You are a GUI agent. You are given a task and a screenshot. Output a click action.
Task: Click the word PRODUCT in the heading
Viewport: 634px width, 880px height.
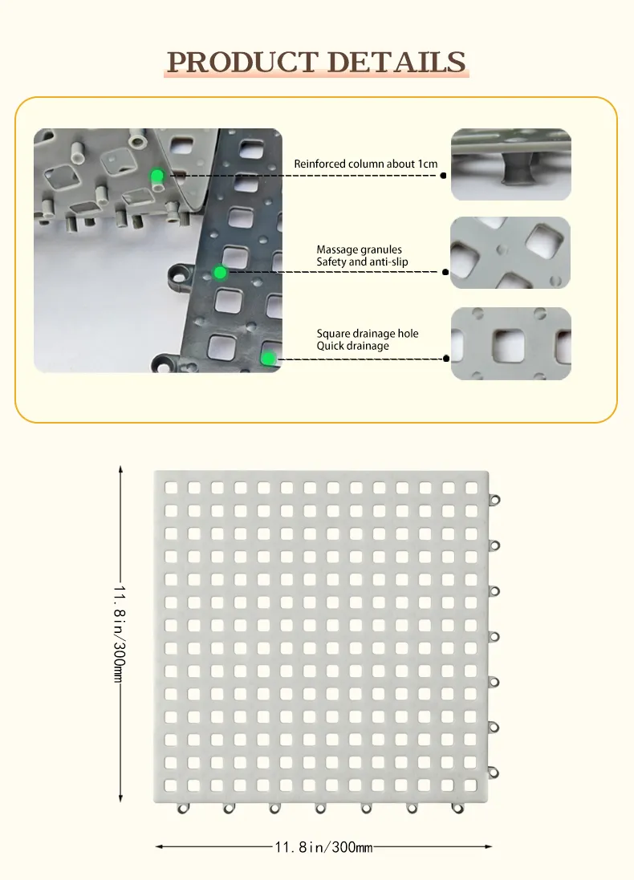[x=242, y=62]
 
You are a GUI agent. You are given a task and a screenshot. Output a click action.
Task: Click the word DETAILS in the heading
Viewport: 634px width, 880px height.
[x=396, y=62]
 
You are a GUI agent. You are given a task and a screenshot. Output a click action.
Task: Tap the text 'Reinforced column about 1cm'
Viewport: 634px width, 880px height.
[x=366, y=164]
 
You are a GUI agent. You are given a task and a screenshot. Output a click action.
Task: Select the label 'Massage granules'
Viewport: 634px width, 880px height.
[x=359, y=249]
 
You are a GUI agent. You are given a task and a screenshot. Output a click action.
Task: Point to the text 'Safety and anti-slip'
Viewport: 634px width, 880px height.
[x=362, y=262]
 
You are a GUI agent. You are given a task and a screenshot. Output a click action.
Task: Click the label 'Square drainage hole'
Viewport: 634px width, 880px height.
[x=368, y=334]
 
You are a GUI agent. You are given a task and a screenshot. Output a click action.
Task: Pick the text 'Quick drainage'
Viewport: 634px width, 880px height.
[x=352, y=346]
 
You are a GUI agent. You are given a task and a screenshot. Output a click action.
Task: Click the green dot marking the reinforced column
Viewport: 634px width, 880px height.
[x=157, y=176]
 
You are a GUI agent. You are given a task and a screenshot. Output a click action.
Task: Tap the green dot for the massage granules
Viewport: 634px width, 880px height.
[x=220, y=273]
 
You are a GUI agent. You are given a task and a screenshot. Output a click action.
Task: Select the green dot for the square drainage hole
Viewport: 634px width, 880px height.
[x=268, y=359]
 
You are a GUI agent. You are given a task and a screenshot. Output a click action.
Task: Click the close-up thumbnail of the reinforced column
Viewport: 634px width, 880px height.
[x=511, y=164]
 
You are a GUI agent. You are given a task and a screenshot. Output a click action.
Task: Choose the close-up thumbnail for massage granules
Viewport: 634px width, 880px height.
[x=510, y=253]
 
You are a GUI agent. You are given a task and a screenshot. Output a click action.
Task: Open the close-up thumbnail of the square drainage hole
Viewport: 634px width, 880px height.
[x=511, y=343]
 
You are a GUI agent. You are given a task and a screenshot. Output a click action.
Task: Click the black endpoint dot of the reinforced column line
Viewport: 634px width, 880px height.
[x=443, y=176]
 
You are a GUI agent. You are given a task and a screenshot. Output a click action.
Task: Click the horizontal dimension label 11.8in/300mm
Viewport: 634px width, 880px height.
[x=323, y=847]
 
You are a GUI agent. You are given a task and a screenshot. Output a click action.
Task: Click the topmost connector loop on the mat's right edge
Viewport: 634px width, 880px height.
[x=494, y=500]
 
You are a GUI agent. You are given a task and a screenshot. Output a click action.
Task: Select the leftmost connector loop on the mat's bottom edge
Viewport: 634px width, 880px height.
[x=182, y=808]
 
